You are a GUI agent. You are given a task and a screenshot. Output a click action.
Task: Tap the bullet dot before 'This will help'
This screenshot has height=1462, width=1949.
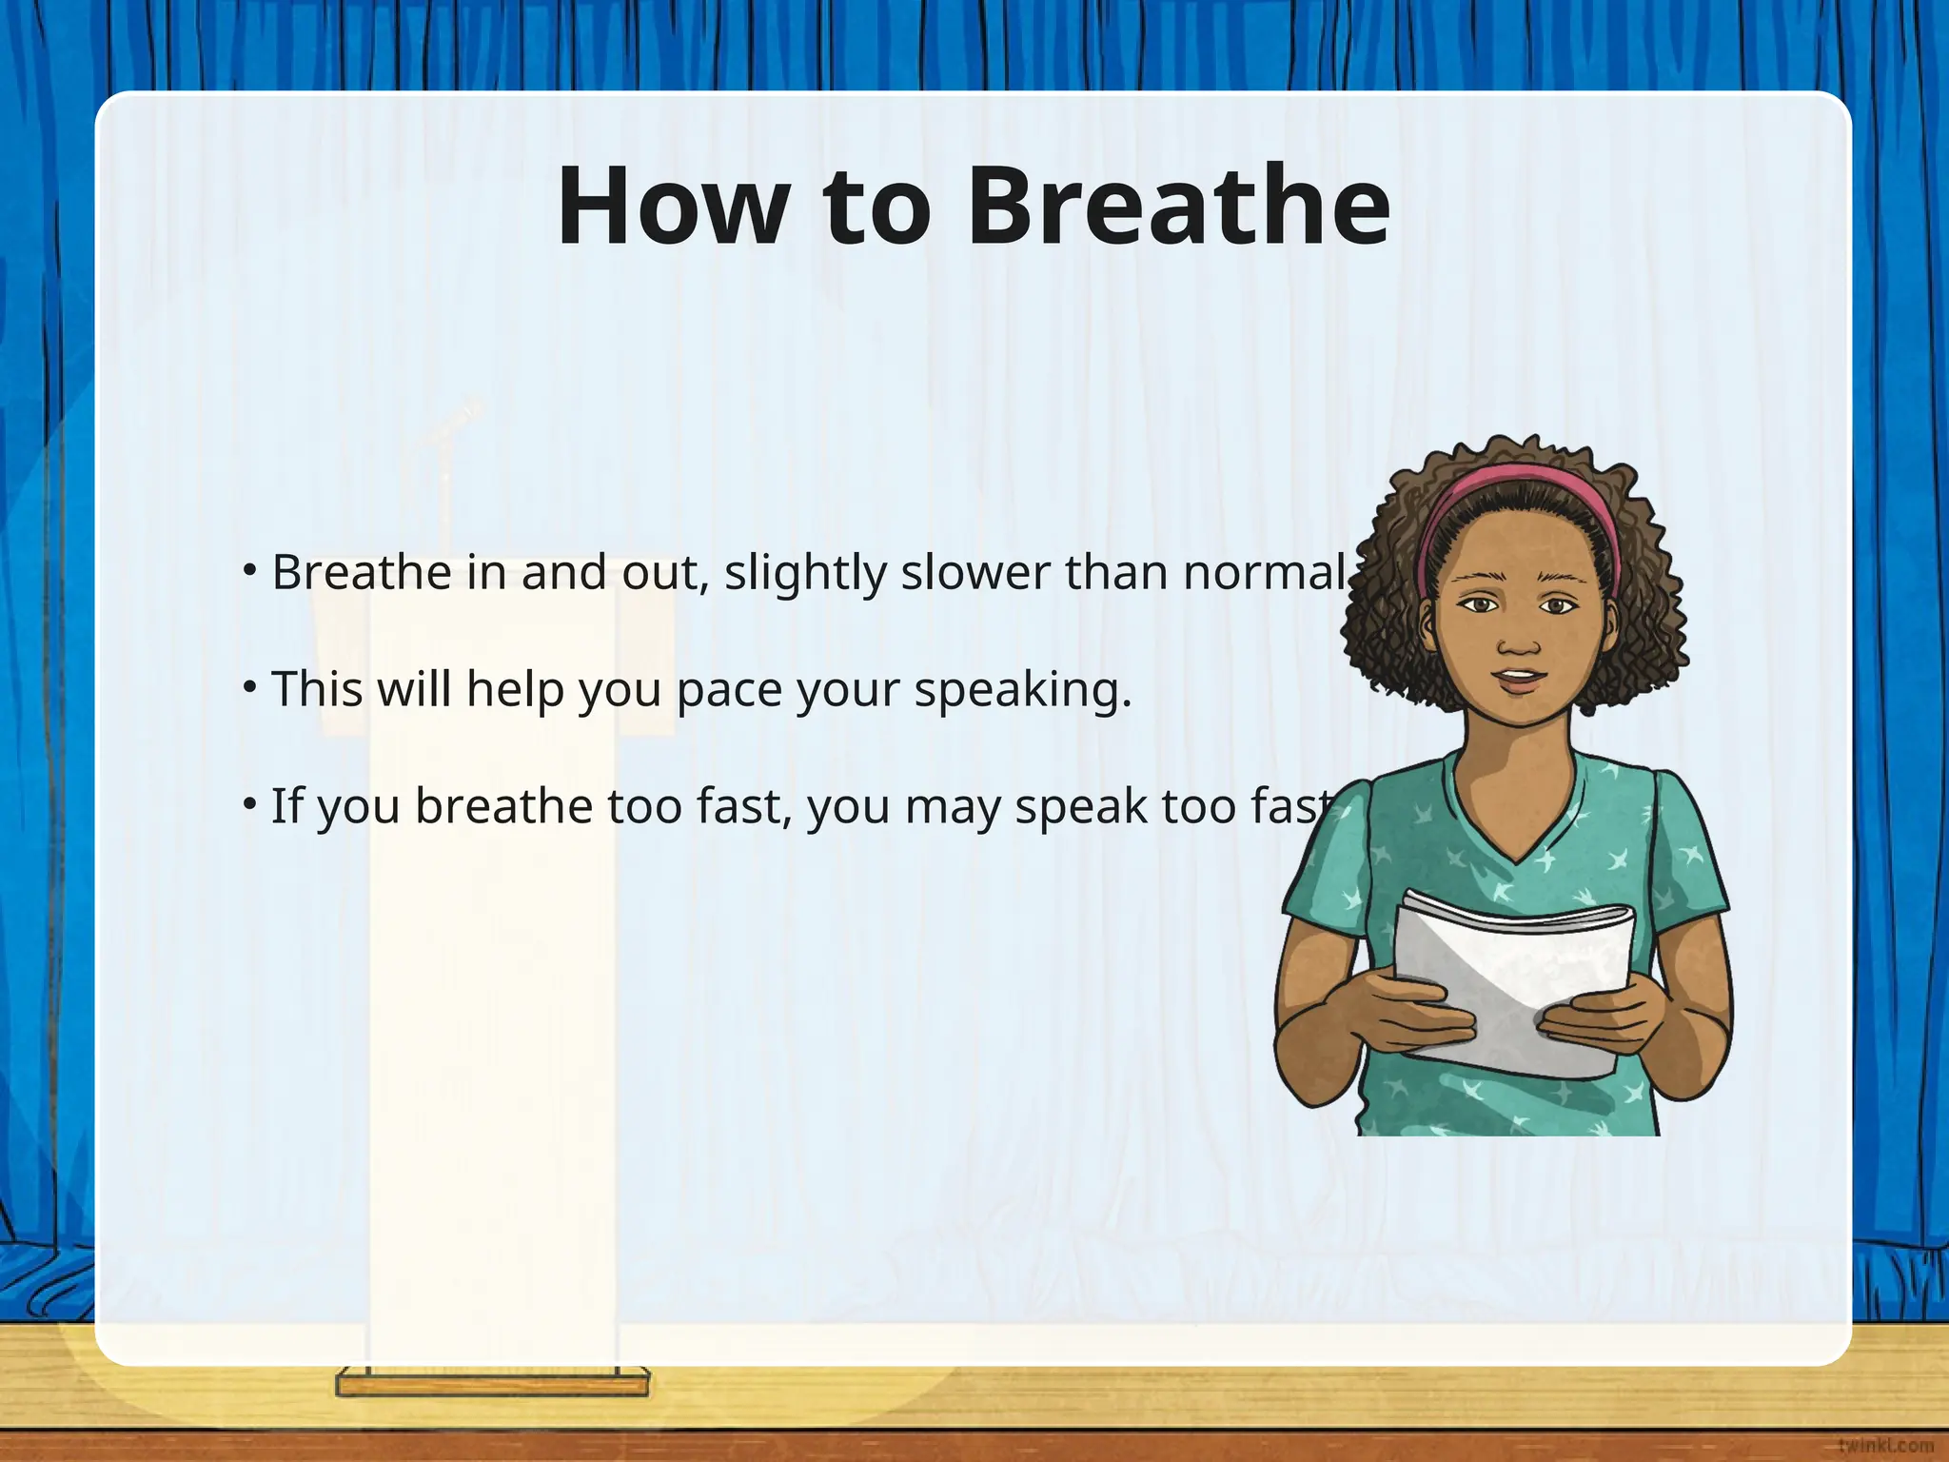pyautogui.click(x=249, y=685)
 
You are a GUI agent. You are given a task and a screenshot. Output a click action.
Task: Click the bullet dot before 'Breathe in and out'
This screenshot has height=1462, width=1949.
pyautogui.click(x=249, y=569)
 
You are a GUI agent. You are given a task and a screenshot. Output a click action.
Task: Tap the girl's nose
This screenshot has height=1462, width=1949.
pyautogui.click(x=1518, y=642)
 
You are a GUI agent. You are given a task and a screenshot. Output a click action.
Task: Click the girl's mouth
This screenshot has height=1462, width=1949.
pyautogui.click(x=1520, y=680)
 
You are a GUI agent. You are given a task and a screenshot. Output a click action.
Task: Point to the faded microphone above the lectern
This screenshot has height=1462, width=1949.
pyautogui.click(x=455, y=422)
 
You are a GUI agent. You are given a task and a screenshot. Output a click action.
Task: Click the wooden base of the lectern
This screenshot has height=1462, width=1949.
pyautogui.click(x=492, y=1383)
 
